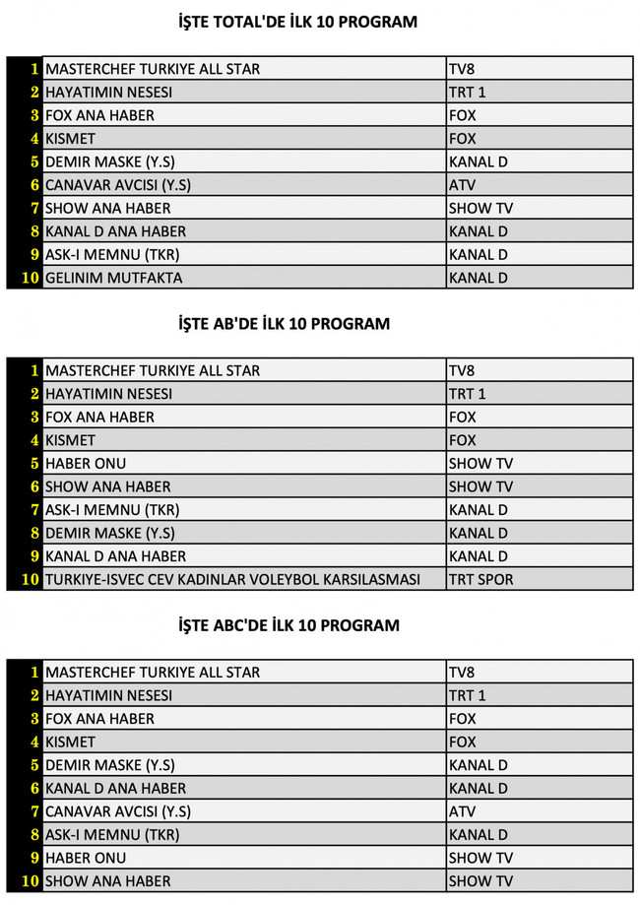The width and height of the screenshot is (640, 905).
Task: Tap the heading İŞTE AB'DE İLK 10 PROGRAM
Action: pos(284,323)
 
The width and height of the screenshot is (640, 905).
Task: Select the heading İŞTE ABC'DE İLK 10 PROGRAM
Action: pos(288,625)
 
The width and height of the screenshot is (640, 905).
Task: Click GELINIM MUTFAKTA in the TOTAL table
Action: pos(113,278)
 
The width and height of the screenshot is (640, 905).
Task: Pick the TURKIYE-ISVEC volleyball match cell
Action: pos(232,579)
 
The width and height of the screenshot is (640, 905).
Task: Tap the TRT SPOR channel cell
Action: pos(480,579)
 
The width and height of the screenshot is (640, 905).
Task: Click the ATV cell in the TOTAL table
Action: pos(463,185)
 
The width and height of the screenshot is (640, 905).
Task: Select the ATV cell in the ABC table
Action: pos(463,811)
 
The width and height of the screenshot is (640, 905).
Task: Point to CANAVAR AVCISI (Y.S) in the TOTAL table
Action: pos(117,185)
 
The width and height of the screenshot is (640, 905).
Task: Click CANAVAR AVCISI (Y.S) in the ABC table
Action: pos(117,811)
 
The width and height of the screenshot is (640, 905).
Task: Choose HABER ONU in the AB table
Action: pos(86,463)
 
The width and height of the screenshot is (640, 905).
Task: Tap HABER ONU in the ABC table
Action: pos(86,858)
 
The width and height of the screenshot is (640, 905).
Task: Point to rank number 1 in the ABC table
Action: pos(33,672)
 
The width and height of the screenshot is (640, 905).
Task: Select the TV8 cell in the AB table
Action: pos(463,370)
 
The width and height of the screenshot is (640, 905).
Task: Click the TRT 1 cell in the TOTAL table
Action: pos(468,93)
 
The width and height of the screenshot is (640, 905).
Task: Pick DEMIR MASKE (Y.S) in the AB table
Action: pos(110,533)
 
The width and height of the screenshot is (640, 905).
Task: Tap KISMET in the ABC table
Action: pos(71,742)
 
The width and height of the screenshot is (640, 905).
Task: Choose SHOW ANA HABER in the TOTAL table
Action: pos(107,208)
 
